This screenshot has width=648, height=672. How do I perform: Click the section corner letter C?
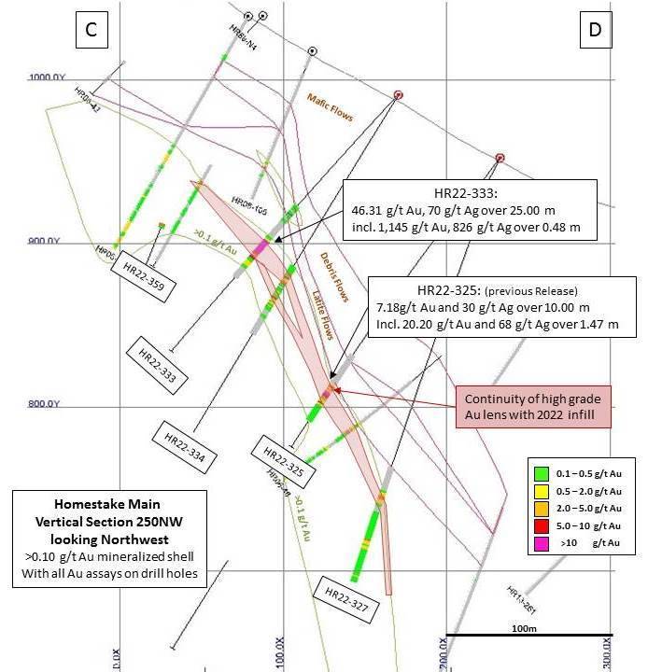click(91, 31)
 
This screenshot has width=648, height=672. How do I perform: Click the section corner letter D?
click(594, 31)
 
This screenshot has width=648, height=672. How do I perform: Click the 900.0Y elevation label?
click(42, 241)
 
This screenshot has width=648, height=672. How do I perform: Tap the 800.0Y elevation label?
click(42, 404)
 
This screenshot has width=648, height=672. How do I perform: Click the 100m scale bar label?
click(523, 628)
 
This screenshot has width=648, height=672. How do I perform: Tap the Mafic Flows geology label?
click(331, 108)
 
